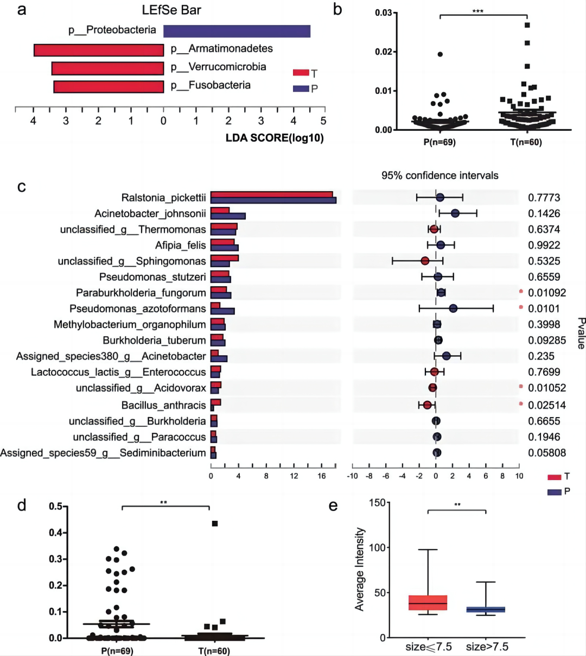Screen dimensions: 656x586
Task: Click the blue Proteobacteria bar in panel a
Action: pos(237,31)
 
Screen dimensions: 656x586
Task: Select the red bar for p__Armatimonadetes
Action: pos(99,50)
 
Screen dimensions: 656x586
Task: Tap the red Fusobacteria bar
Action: pos(109,87)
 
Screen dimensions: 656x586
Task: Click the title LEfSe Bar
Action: pos(171,10)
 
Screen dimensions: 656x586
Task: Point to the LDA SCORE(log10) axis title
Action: pos(275,138)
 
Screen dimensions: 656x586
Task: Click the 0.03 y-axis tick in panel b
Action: pos(383,12)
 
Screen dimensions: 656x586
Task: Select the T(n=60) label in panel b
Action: pos(526,142)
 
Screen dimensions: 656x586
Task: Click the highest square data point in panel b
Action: pos(527,25)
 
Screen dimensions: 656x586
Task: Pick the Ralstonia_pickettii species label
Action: pos(163,198)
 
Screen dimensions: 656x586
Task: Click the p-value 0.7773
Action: pos(544,198)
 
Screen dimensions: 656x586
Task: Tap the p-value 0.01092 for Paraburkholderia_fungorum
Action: pos(547,293)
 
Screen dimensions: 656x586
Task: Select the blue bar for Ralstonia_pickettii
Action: pos(273,200)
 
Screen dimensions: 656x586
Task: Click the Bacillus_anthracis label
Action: pos(163,405)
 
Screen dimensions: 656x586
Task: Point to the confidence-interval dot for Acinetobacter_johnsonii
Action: pos(455,213)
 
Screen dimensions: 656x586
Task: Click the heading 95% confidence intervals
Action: pos(439,175)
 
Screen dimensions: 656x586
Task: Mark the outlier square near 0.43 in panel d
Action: pos(215,523)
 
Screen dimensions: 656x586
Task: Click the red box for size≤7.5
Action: pos(428,603)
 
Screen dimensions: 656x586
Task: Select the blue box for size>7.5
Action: pos(486,609)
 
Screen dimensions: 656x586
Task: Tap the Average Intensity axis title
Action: pos(359,569)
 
